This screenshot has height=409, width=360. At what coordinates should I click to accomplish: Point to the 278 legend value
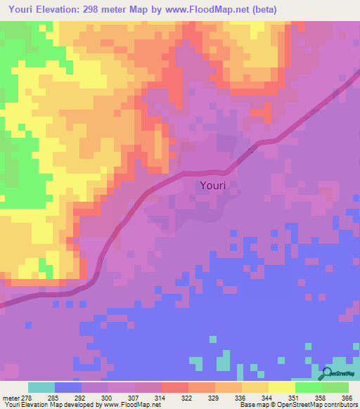[x=27, y=397]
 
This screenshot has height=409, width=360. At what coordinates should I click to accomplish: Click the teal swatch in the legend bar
[x=41, y=387]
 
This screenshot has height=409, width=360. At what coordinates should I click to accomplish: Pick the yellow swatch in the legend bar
[x=282, y=387]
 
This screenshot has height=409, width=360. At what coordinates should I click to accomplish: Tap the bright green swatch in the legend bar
[x=309, y=387]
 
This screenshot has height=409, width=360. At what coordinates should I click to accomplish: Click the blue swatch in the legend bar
[x=68, y=387]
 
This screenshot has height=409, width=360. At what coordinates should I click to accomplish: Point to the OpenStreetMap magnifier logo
[x=326, y=374]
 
